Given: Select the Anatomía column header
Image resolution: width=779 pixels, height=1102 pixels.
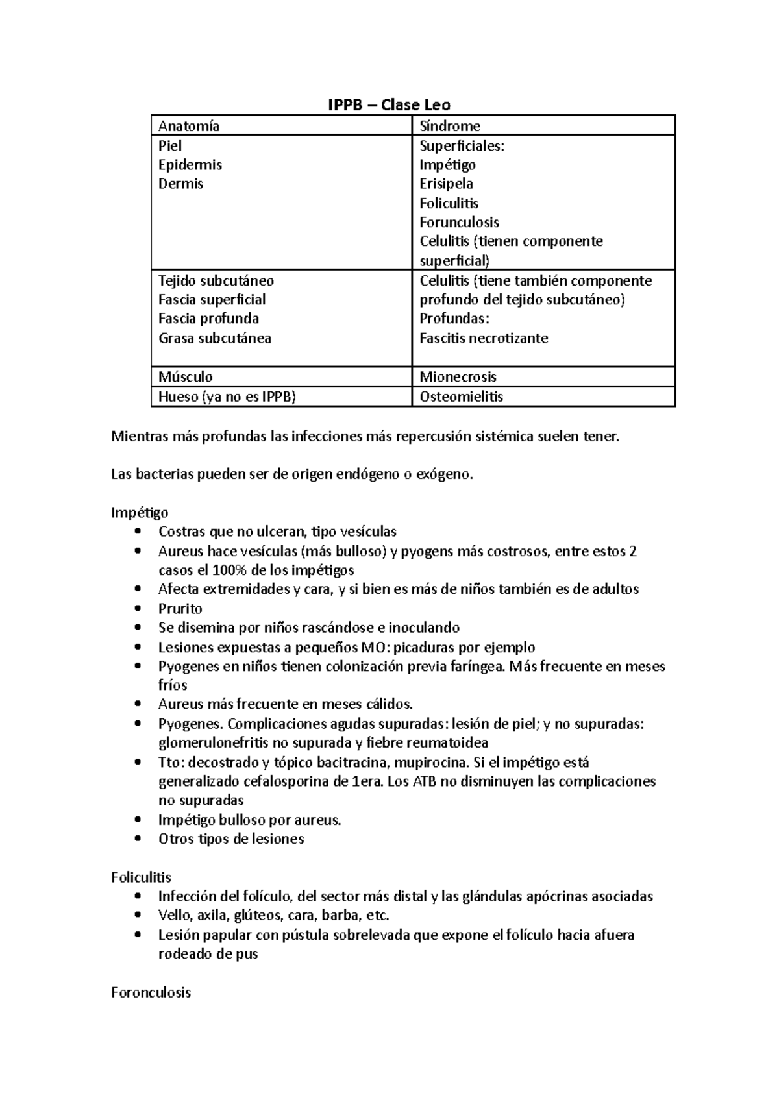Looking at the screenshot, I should point(189,126).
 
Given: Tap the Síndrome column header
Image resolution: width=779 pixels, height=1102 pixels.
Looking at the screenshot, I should point(450,126).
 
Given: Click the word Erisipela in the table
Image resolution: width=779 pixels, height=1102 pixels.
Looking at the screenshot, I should point(446,184).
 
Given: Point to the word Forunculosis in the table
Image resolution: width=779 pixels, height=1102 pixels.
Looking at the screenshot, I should point(459,222).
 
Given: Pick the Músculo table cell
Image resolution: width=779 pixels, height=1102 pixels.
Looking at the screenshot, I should point(186,377).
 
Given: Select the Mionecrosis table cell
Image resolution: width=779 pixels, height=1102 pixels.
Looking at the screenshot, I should point(458,377).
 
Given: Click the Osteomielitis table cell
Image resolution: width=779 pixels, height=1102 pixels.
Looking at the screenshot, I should point(461,397).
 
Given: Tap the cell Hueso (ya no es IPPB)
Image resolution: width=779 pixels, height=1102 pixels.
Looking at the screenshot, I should point(227,397).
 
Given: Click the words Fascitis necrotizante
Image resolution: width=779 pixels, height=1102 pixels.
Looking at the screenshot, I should point(484,338).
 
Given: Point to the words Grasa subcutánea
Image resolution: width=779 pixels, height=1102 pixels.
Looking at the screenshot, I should point(215,338).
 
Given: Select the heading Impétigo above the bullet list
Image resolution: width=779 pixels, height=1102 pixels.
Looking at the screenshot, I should point(140,513).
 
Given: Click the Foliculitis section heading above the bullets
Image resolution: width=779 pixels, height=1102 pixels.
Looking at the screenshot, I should point(141,877).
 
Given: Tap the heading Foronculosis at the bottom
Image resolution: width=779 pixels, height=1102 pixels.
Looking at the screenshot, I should point(151,992).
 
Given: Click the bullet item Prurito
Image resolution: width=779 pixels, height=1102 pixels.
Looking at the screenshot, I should point(180,609).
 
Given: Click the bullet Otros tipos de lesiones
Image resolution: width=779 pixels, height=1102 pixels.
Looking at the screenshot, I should point(231,839).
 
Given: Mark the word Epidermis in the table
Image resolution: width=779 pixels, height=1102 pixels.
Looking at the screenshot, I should point(190,165).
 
